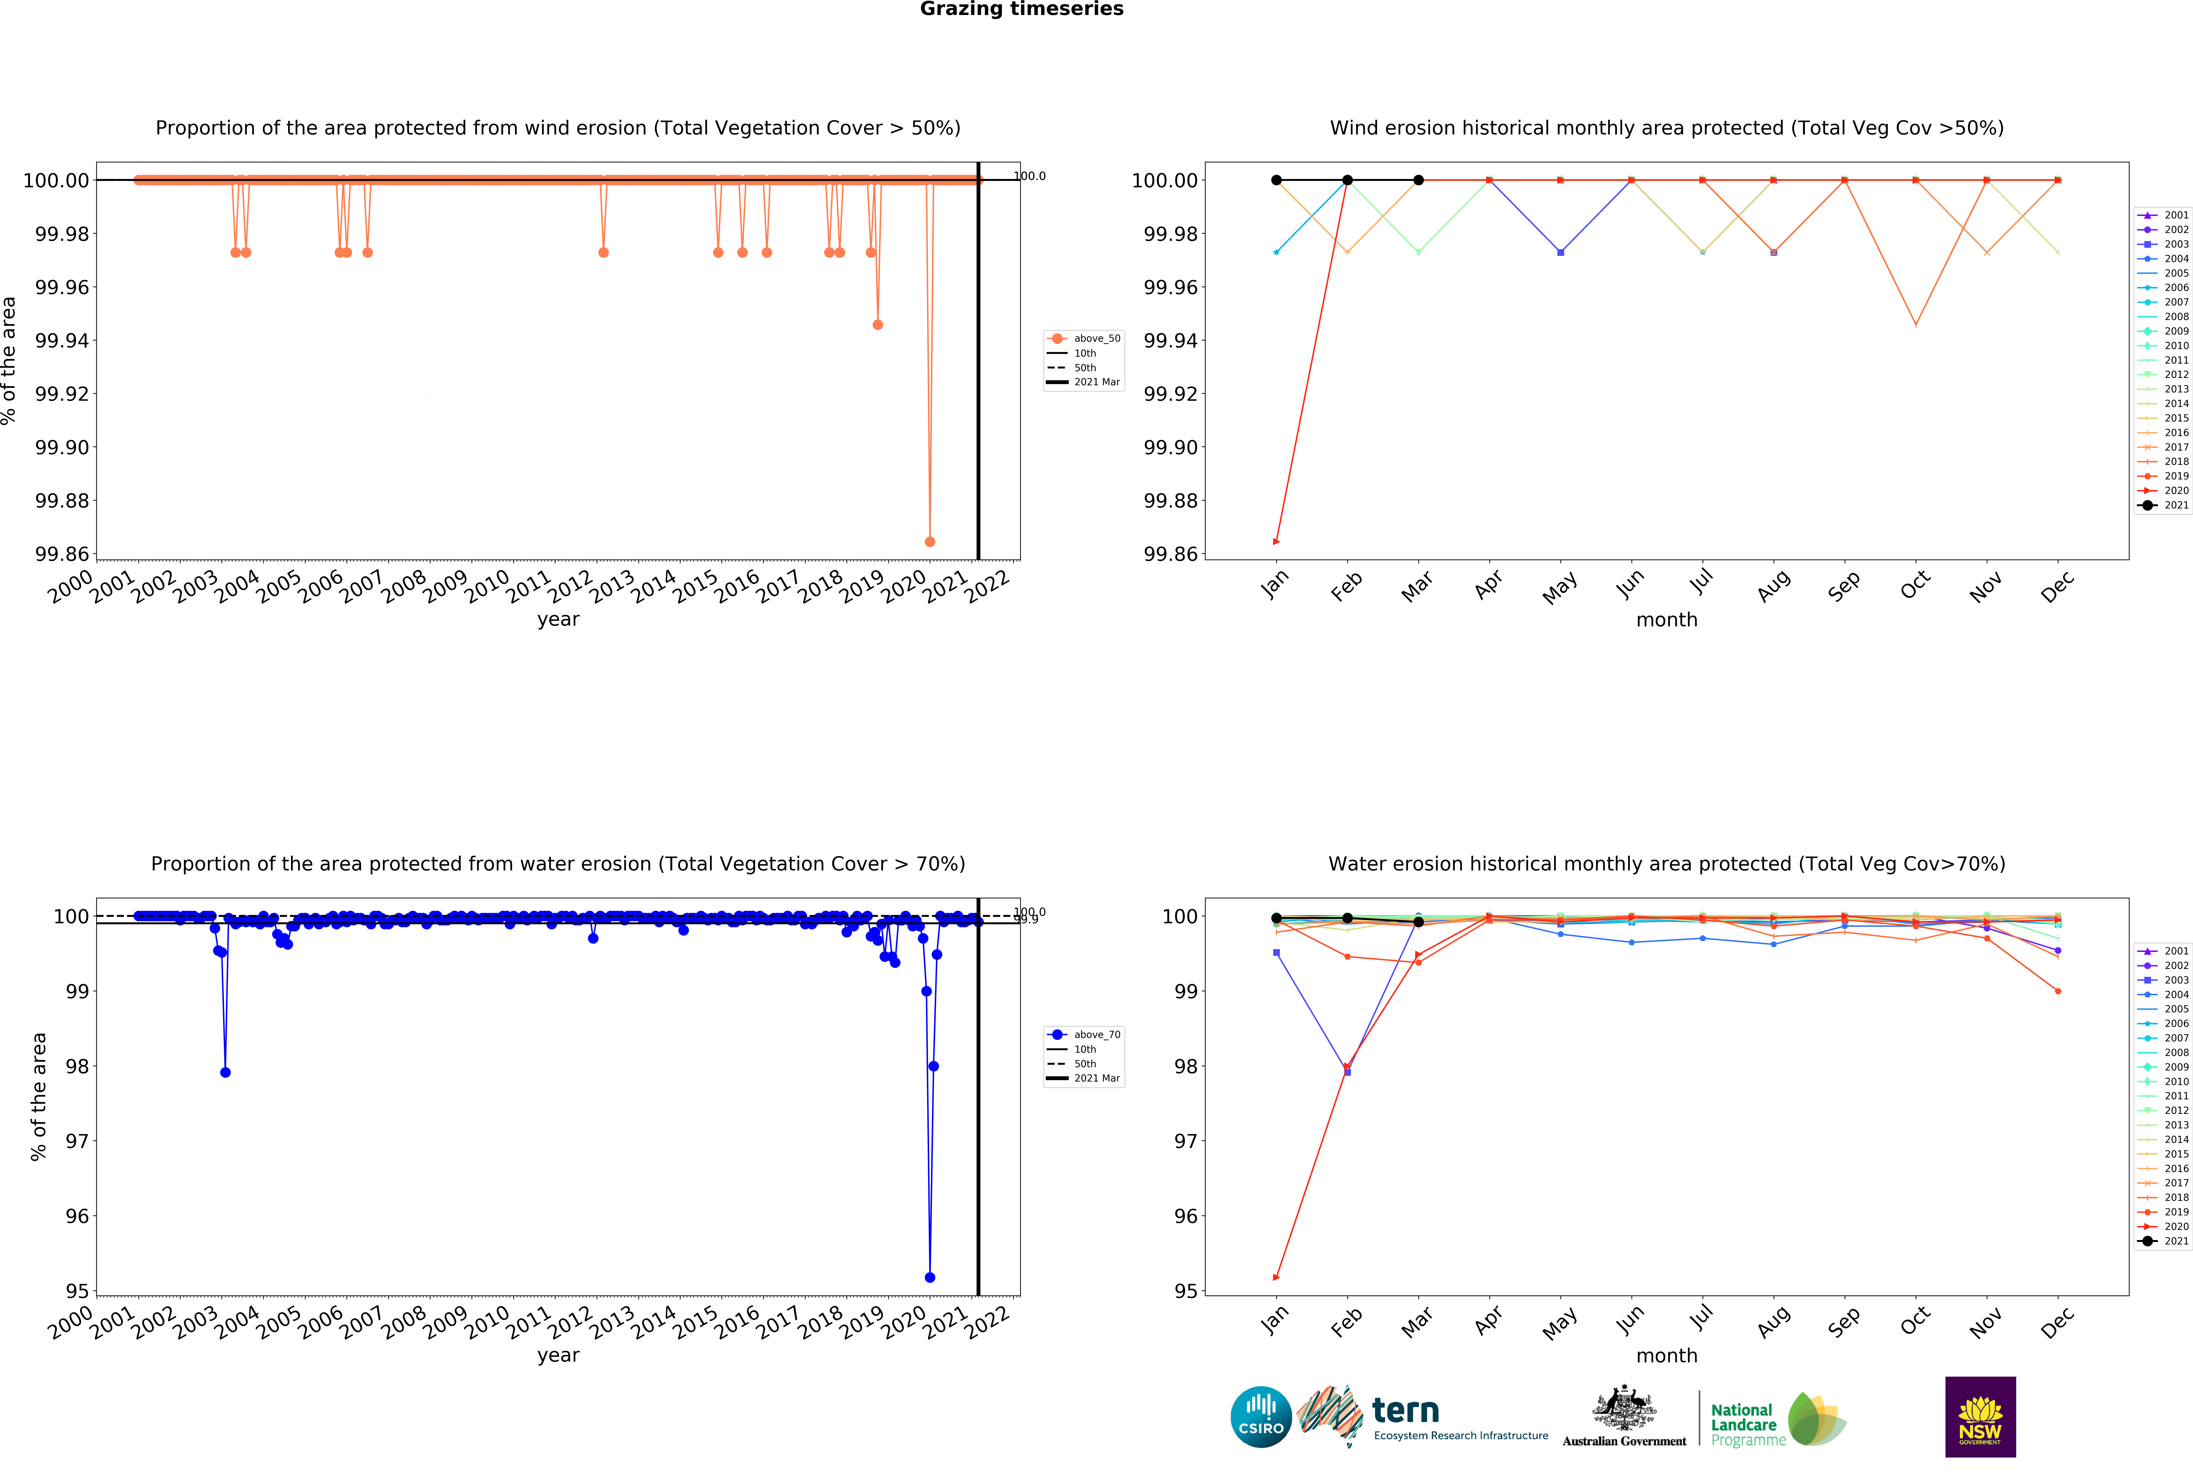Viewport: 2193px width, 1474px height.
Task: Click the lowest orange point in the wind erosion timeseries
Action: coord(930,541)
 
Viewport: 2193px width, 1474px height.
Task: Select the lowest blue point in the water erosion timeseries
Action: coord(930,1277)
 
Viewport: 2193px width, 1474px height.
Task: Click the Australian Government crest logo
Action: coord(1624,1415)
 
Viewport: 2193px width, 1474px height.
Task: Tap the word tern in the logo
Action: coord(1405,1410)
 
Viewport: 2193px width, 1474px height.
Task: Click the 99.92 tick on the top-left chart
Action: coord(62,394)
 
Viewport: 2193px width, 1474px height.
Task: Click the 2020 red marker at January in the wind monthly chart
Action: coord(1276,541)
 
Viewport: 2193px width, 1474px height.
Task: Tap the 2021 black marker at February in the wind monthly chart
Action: coord(1347,179)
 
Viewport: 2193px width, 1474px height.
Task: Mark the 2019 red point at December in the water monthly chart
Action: coord(2058,991)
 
